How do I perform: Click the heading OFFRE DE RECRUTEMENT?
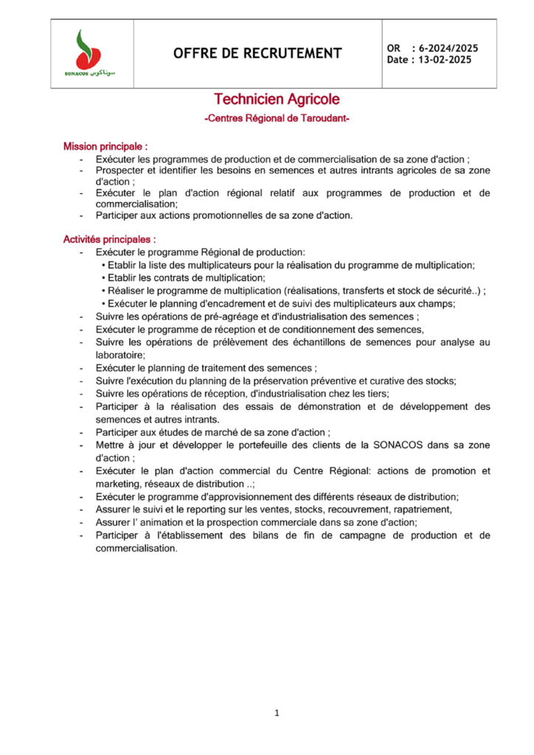(257, 53)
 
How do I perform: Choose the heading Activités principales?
(109, 240)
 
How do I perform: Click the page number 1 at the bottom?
(276, 713)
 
